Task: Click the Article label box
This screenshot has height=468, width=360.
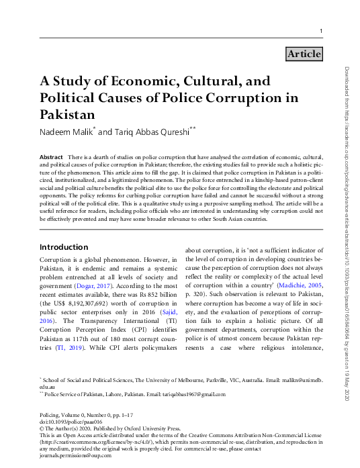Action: pyautogui.click(x=304, y=54)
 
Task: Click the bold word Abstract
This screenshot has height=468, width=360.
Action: pyautogui.click(x=52, y=156)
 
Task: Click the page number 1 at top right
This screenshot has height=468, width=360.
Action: pyautogui.click(x=321, y=32)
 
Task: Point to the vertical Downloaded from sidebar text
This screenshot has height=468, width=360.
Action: pyautogui.click(x=347, y=235)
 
